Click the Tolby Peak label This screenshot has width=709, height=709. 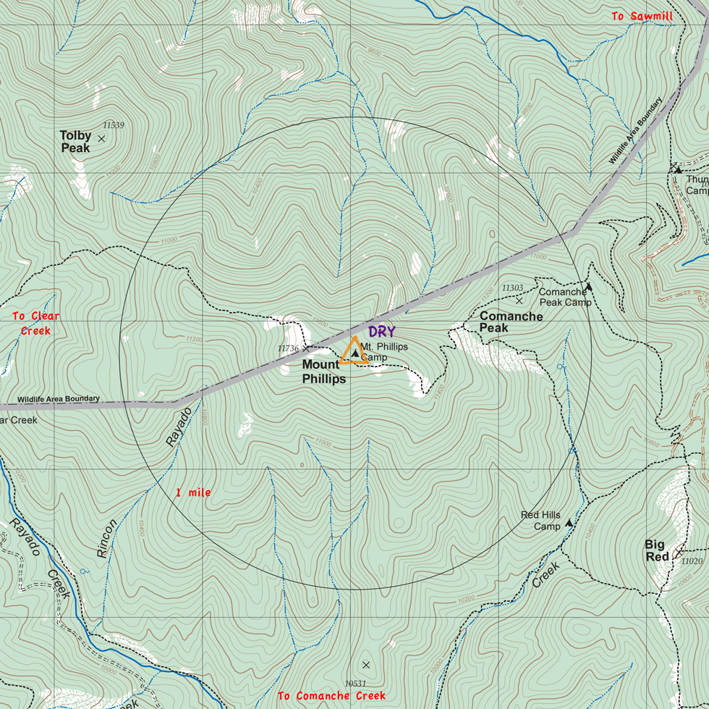point(75,142)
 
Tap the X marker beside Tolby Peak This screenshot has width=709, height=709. point(101,138)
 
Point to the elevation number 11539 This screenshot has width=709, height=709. point(114,125)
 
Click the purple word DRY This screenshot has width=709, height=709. point(382,332)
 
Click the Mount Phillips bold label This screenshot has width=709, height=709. point(323,372)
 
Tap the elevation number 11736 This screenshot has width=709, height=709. point(288,348)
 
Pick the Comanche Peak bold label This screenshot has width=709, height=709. point(511,322)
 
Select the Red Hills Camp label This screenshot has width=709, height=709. point(541,521)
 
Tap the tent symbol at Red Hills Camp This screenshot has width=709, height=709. point(569,523)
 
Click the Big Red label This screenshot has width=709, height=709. point(657,550)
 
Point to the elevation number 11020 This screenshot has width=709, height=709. point(692,561)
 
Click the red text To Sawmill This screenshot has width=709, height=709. point(642,16)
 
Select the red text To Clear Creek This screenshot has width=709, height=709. point(36,323)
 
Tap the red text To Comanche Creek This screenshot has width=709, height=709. point(332,696)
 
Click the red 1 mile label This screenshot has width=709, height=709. point(193,492)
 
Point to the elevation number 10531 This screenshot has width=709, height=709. point(354,683)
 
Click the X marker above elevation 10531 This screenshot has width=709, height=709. point(365,665)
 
